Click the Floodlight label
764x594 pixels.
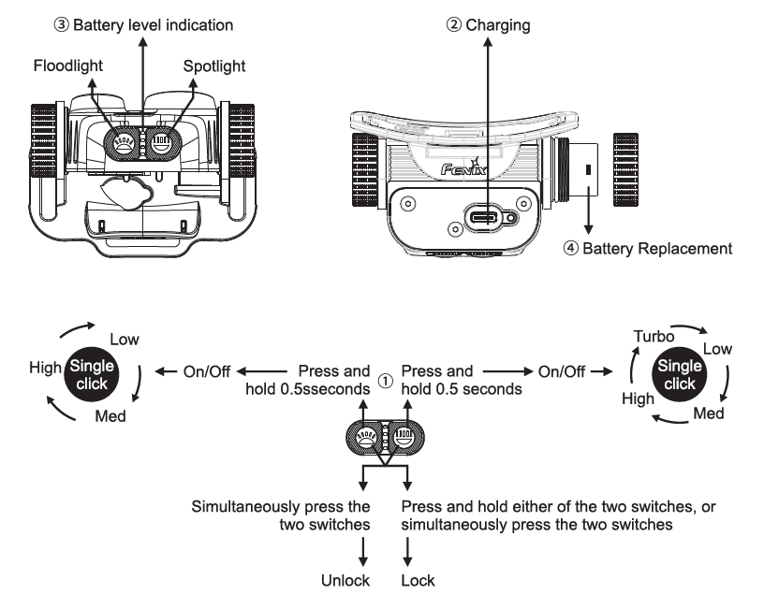(67, 66)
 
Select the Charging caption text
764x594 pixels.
(490, 22)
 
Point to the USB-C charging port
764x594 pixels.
(489, 219)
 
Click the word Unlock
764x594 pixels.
(345, 581)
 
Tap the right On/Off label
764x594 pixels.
(562, 371)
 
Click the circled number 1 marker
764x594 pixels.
(384, 381)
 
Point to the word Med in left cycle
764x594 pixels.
(110, 416)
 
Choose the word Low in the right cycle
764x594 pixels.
(717, 348)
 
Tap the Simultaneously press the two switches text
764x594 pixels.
(281, 515)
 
